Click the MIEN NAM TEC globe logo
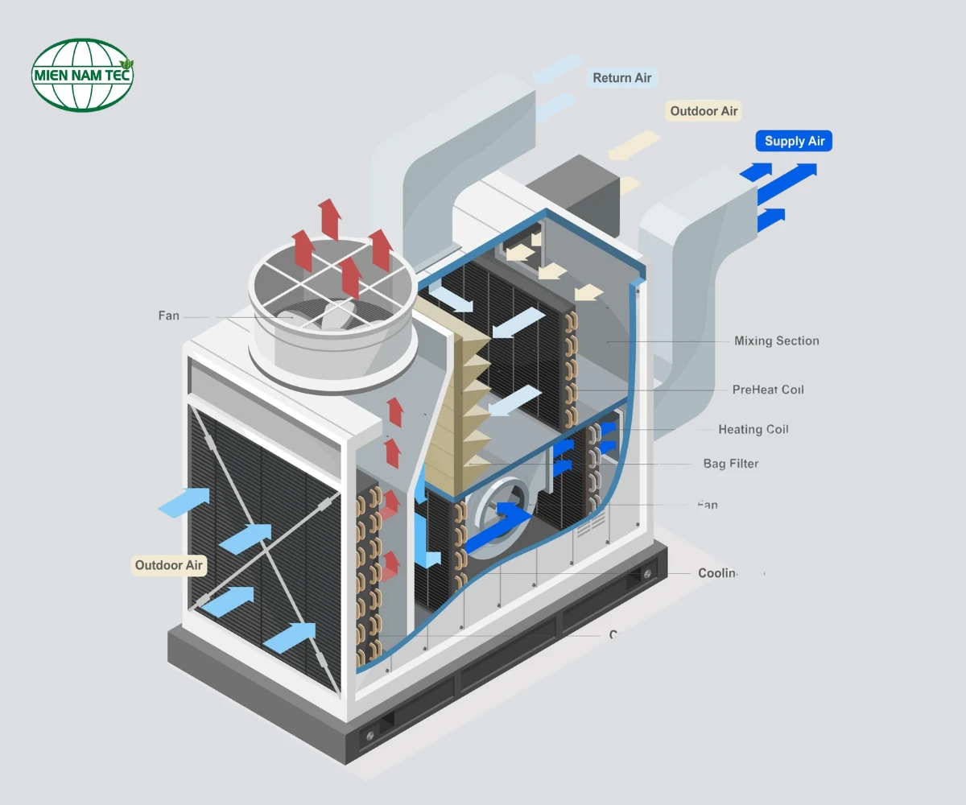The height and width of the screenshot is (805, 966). pyautogui.click(x=81, y=75)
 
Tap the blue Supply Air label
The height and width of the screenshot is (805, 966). pyautogui.click(x=795, y=142)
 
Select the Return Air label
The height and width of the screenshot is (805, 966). pyautogui.click(x=621, y=78)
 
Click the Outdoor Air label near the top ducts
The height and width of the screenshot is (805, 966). pyautogui.click(x=704, y=111)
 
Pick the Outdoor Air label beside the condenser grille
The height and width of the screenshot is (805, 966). pyautogui.click(x=168, y=565)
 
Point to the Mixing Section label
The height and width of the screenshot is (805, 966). pyautogui.click(x=776, y=341)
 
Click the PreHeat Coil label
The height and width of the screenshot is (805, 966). pyautogui.click(x=767, y=390)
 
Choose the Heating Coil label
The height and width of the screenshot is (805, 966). pyautogui.click(x=753, y=430)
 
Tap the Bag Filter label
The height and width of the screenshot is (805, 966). pyautogui.click(x=730, y=464)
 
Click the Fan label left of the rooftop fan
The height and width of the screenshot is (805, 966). pyautogui.click(x=169, y=316)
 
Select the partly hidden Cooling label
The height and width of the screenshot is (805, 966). pyautogui.click(x=718, y=573)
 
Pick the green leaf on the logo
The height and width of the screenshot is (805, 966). pyautogui.click(x=126, y=63)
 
